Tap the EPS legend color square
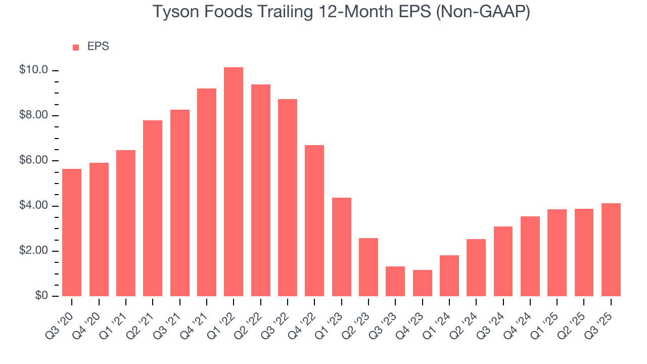(76, 47)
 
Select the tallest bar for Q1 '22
(234, 182)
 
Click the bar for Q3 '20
(72, 233)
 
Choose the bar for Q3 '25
(611, 250)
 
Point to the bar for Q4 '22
(314, 220)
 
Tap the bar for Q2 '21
(153, 208)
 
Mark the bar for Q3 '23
(395, 281)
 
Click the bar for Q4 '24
(530, 256)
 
